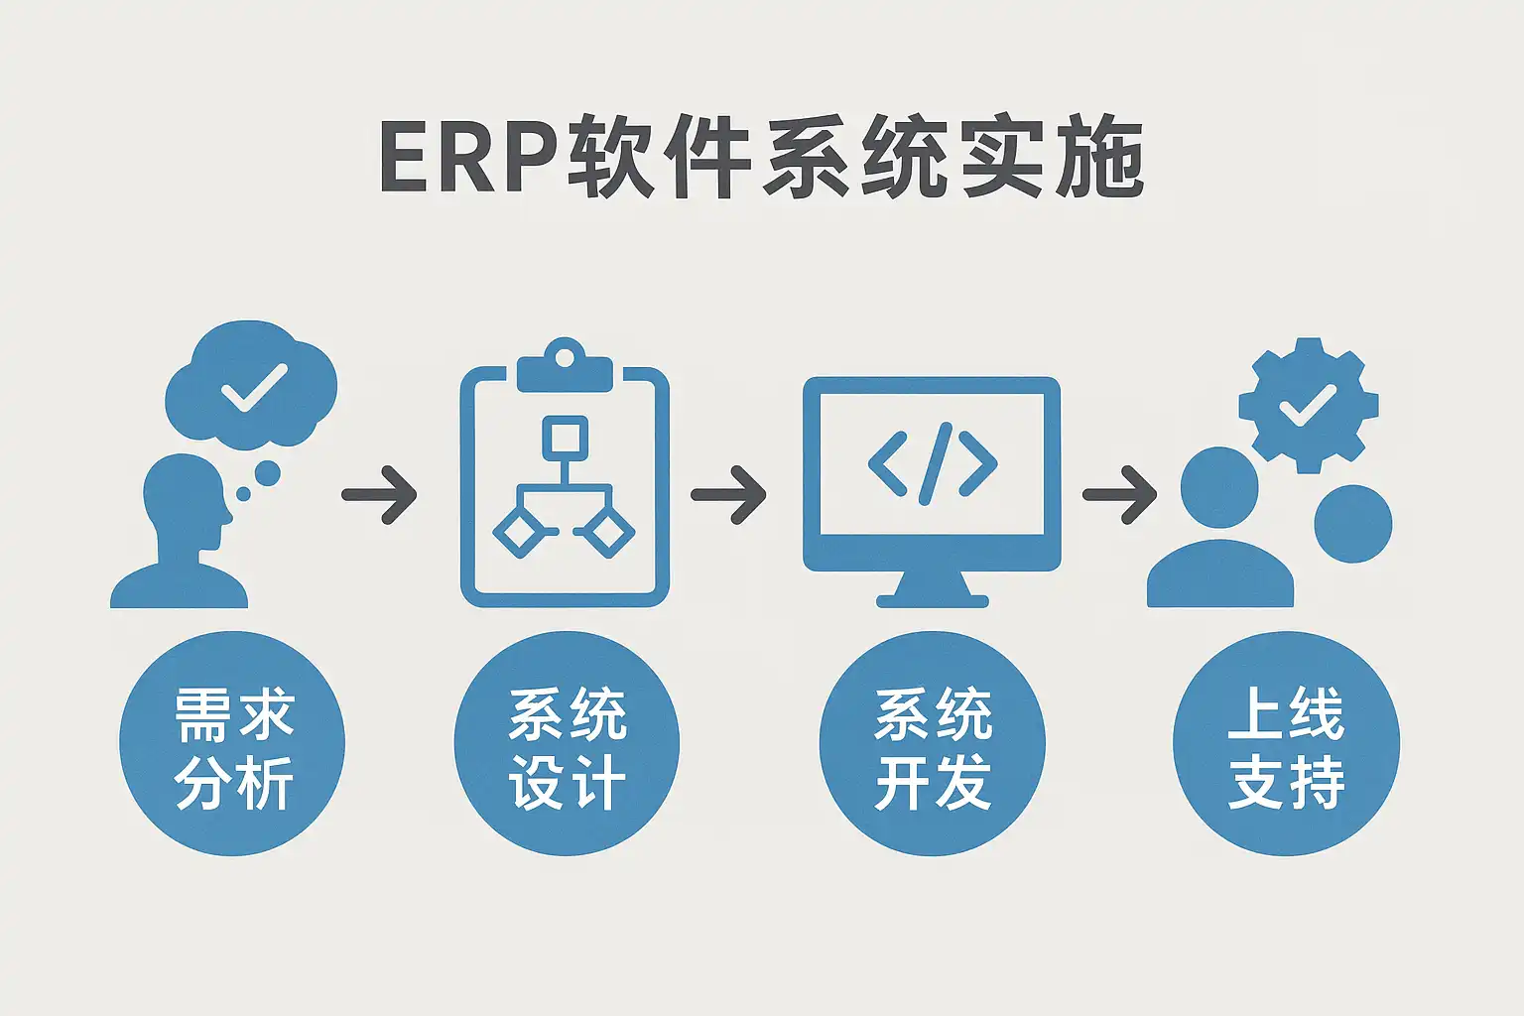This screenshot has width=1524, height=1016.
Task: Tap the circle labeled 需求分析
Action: (x=232, y=744)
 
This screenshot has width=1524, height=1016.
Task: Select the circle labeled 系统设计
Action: (x=567, y=744)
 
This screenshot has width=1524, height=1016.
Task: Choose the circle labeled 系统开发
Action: (x=933, y=744)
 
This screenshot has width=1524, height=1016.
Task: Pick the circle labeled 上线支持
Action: (x=1286, y=744)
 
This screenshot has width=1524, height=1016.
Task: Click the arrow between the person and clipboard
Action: (x=380, y=493)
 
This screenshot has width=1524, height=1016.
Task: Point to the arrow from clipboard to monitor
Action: (x=728, y=493)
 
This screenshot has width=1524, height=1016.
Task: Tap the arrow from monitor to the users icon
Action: (x=1119, y=493)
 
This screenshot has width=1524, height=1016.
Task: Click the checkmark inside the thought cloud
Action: (x=254, y=387)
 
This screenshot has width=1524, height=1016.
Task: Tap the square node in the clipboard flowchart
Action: (x=565, y=438)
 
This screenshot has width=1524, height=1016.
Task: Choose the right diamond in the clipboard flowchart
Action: (x=608, y=533)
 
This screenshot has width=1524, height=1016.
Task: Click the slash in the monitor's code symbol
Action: (x=933, y=462)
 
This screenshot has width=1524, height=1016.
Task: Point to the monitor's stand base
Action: (x=933, y=598)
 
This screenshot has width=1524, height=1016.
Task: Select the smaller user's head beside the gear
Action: (x=1352, y=523)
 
